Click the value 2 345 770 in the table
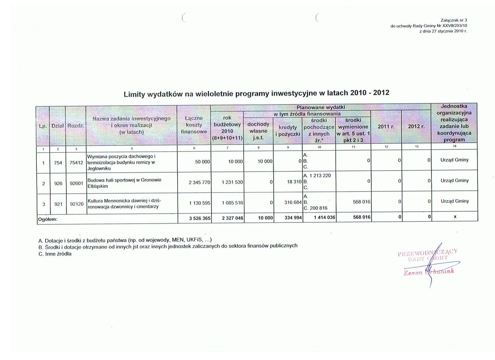click(199, 182)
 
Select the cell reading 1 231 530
click(232, 182)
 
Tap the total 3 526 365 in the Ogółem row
click(200, 218)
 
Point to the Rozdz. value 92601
click(77, 184)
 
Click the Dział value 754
click(58, 163)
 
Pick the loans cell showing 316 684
click(293, 202)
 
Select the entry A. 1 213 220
click(317, 176)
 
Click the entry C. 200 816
click(315, 208)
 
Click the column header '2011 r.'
click(386, 127)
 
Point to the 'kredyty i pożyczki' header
click(287, 131)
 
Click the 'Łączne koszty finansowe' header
click(194, 125)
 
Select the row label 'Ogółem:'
click(48, 219)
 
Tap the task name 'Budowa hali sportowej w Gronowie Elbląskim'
click(124, 183)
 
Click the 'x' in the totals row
click(455, 217)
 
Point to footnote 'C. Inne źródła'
click(55, 254)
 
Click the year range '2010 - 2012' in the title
click(370, 93)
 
